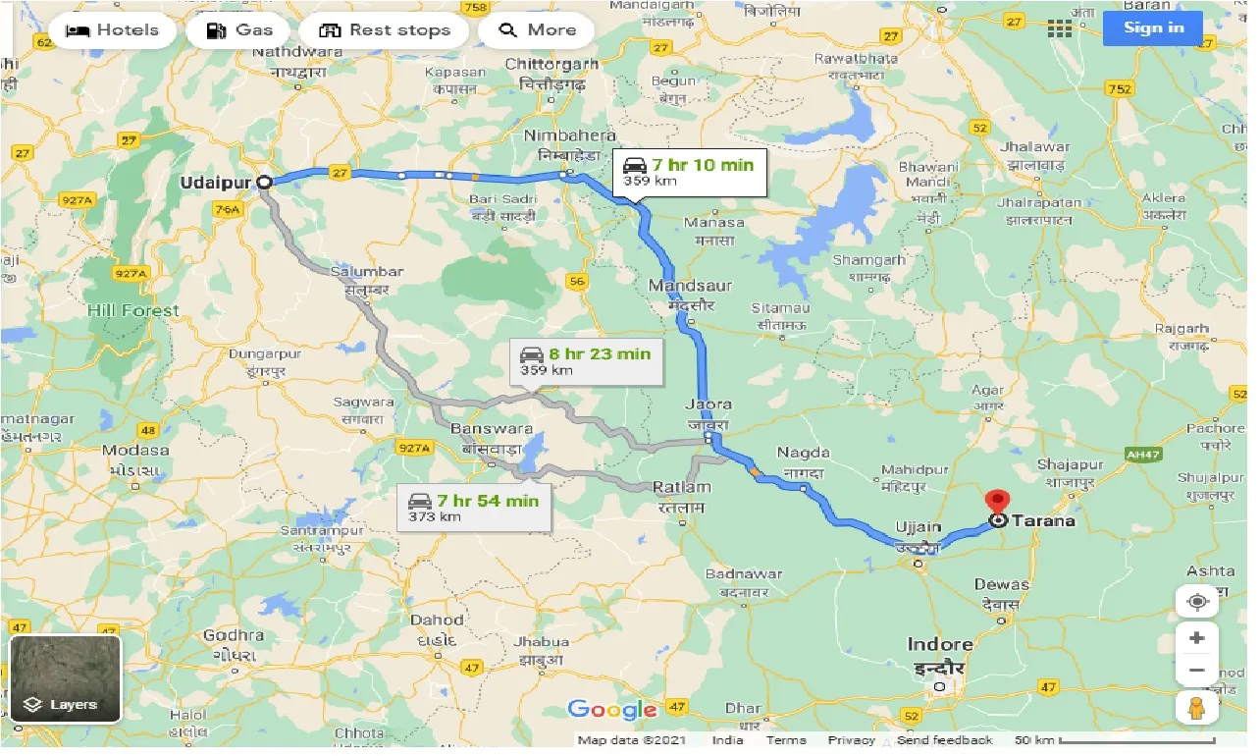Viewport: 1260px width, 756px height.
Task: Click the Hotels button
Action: [111, 30]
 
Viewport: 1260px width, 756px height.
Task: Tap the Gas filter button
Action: [238, 30]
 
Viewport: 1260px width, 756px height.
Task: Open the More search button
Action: [537, 30]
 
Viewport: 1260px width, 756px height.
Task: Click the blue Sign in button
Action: [1153, 27]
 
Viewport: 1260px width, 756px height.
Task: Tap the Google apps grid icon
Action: [1060, 28]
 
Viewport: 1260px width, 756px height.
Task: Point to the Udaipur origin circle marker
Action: [264, 182]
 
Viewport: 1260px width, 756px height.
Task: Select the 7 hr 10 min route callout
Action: [689, 172]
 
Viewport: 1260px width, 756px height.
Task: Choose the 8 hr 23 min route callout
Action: [586, 360]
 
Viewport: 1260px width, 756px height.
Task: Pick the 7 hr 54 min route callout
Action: [474, 507]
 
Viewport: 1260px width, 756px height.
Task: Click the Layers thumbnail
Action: [65, 678]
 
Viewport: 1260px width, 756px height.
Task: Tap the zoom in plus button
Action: [1196, 638]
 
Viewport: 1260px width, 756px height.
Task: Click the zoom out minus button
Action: [1196, 671]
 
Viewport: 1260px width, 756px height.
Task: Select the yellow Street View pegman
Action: [1196, 707]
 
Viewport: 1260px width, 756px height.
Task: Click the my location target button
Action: [1196, 600]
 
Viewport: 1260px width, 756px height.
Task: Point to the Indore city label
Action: [939, 645]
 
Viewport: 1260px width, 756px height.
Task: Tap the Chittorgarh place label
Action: [551, 65]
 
